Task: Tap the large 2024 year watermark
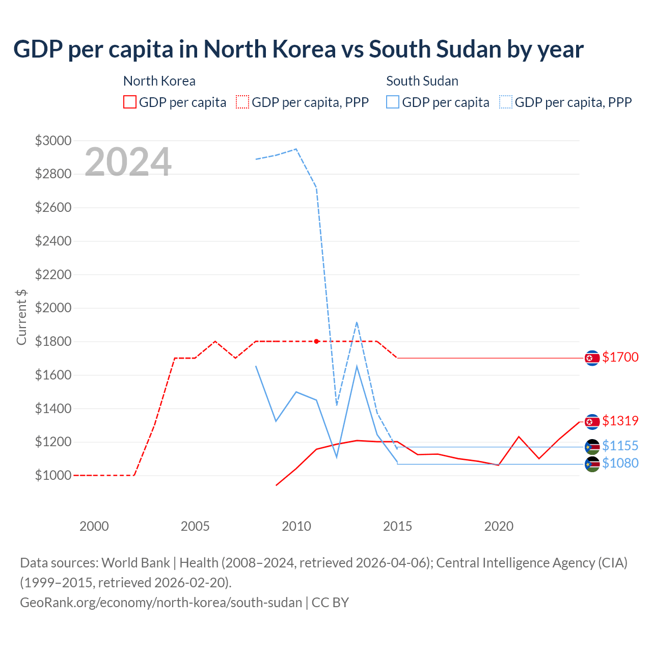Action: [128, 162]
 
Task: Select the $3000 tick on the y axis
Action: [53, 141]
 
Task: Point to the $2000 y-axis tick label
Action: [53, 308]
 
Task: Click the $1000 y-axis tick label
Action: [53, 475]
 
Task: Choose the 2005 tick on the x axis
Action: [195, 526]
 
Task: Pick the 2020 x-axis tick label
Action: [499, 526]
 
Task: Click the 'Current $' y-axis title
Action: [21, 317]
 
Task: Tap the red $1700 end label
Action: [620, 357]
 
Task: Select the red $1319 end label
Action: [620, 421]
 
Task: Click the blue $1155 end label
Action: [620, 446]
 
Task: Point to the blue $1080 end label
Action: [620, 463]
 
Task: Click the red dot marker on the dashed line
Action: [316, 341]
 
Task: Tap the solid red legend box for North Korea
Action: [130, 102]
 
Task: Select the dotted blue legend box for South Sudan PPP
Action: [506, 102]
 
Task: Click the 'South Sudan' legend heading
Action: [422, 81]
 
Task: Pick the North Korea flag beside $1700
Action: [592, 358]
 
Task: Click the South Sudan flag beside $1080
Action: [592, 464]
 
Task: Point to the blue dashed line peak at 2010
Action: [296, 149]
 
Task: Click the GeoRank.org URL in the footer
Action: [161, 603]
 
